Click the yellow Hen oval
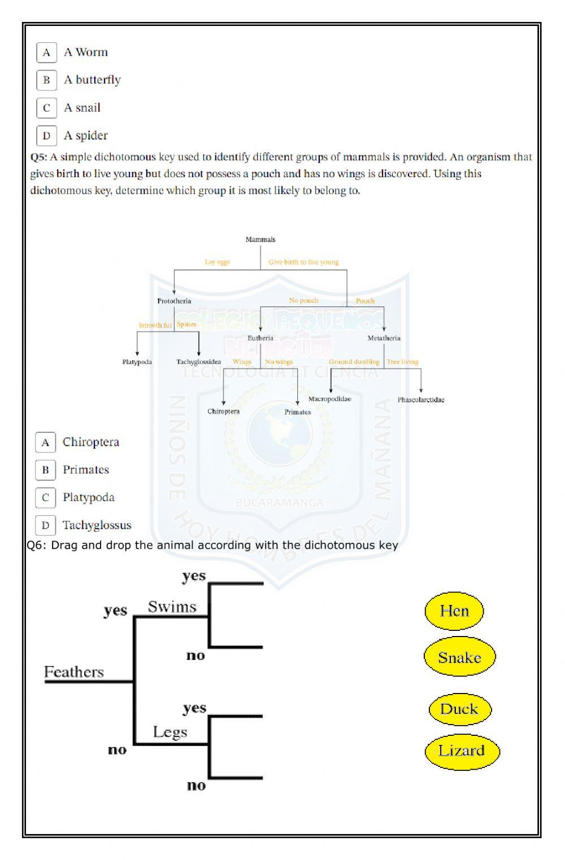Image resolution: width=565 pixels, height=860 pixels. point(454,611)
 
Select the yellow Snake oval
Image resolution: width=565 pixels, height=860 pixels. point(459,657)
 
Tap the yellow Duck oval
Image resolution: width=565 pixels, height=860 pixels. point(459,709)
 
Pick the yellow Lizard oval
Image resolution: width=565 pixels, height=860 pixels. point(462,751)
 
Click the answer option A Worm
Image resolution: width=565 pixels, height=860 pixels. point(85,52)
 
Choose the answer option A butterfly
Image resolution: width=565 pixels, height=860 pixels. point(92,80)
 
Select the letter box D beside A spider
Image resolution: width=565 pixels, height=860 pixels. point(46,135)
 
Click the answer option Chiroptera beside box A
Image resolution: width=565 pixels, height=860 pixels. point(90,442)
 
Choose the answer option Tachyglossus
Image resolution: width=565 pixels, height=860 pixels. point(97,525)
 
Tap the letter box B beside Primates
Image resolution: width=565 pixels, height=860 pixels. point(45,470)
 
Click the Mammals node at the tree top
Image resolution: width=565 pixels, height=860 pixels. point(260,239)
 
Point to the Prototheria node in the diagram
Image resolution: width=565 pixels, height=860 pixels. point(174,301)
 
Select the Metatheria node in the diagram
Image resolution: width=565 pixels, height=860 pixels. point(384,338)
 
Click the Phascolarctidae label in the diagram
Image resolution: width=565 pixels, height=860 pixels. point(420,400)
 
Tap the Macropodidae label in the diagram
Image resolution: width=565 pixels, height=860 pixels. point(329,399)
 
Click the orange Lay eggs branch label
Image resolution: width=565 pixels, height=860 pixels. point(217,262)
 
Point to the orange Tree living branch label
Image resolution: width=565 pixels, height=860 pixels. point(402,362)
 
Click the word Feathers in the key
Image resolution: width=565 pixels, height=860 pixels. point(74,672)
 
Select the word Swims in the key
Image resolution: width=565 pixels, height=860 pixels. point(172,607)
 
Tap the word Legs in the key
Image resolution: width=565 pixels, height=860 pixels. point(169,732)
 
